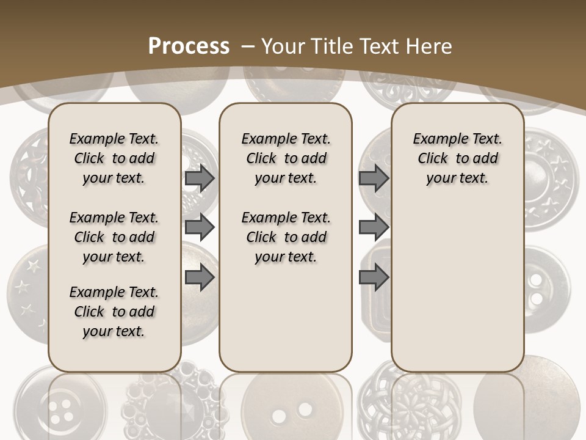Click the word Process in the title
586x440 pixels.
(189, 46)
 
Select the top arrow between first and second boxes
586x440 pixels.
(200, 178)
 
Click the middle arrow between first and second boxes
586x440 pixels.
(200, 227)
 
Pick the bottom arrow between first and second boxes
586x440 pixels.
(200, 277)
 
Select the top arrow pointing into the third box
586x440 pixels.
(374, 178)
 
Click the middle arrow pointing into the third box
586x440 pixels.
(374, 227)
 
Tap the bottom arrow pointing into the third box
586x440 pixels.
(374, 277)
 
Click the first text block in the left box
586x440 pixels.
(114, 158)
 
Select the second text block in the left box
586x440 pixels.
(114, 237)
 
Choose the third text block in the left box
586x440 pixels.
(114, 312)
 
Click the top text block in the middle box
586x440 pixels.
(286, 158)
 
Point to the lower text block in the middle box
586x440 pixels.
(286, 237)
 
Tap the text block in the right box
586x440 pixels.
(457, 158)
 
